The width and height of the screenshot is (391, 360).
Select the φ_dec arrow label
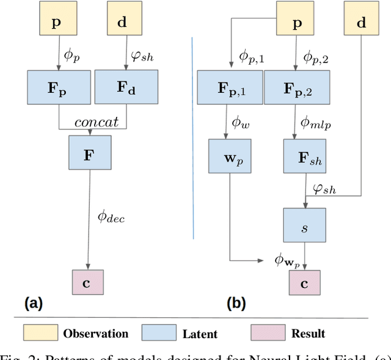(x=111, y=216)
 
